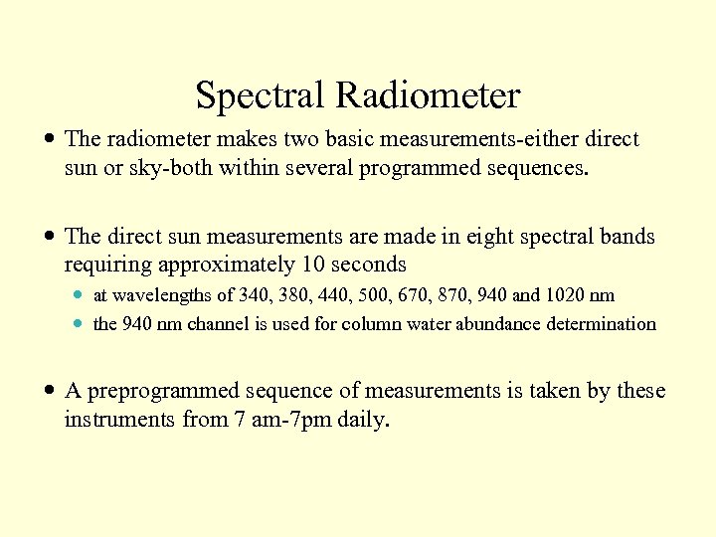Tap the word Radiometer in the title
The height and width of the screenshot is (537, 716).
[428, 96]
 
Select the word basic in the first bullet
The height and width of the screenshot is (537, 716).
[352, 139]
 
